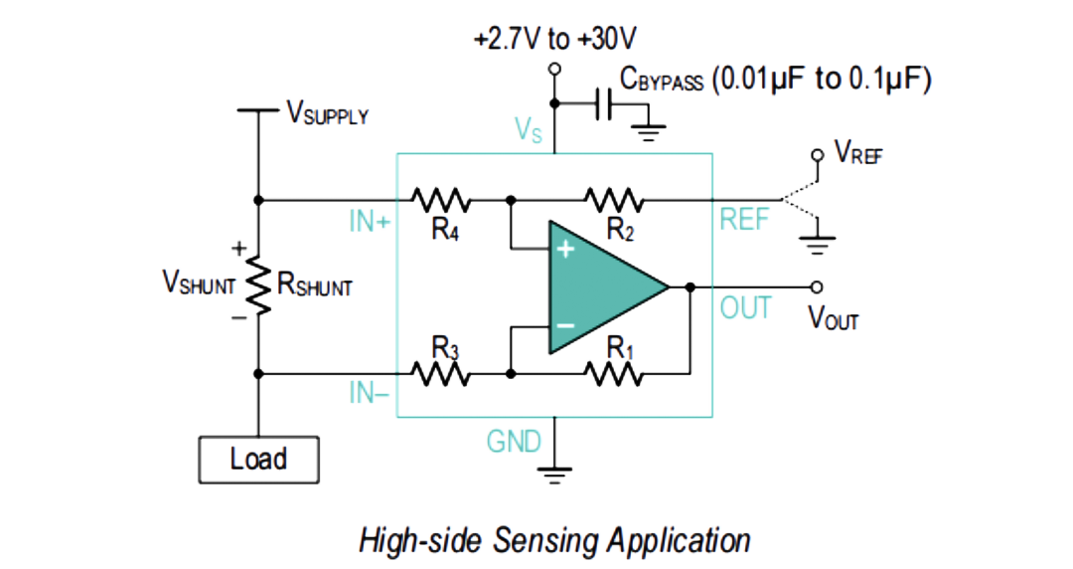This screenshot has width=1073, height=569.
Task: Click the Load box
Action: [x=258, y=460]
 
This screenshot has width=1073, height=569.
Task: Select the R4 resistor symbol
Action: [x=441, y=200]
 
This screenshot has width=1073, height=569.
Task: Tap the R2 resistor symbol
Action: [x=614, y=200]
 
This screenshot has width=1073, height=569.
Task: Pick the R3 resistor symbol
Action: [x=441, y=374]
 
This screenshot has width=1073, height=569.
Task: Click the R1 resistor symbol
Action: [x=614, y=374]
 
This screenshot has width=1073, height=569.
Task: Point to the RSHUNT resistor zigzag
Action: [x=258, y=285]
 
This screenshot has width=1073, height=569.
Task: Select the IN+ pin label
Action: [x=370, y=222]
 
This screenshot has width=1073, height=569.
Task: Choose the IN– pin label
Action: [x=369, y=393]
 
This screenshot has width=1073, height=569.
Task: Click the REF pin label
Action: [x=744, y=220]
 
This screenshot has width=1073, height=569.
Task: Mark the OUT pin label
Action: [x=746, y=308]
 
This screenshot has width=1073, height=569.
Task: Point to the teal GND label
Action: [x=514, y=442]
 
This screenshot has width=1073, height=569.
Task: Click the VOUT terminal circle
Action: [x=817, y=287]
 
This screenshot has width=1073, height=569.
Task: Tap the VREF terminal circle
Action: [x=817, y=155]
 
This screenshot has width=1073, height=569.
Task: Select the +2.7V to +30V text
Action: [x=555, y=39]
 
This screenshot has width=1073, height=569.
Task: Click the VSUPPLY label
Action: [x=328, y=113]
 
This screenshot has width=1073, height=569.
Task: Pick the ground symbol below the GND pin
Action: [x=555, y=475]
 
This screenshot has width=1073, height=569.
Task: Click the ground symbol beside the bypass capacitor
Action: [x=648, y=132]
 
